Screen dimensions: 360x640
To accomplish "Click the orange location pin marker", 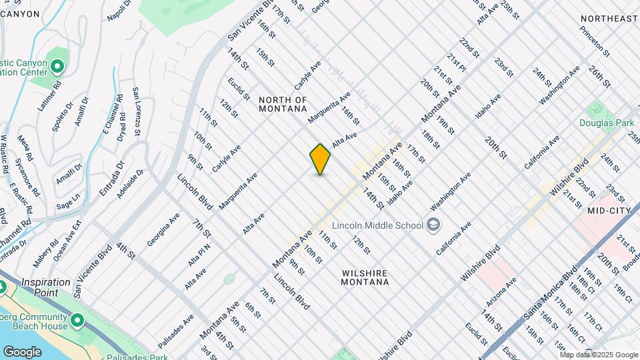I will [321, 159].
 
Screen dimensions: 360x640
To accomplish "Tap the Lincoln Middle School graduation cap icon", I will [434, 224].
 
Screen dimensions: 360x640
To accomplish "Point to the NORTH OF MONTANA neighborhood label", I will [283, 104].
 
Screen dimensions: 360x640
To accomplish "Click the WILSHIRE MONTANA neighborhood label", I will [365, 277].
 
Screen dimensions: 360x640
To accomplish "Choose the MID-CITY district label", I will [609, 210].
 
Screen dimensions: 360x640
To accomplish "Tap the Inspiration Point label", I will [46, 282].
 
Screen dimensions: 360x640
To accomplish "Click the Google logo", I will [22, 351].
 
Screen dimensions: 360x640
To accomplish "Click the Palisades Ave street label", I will [176, 331].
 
